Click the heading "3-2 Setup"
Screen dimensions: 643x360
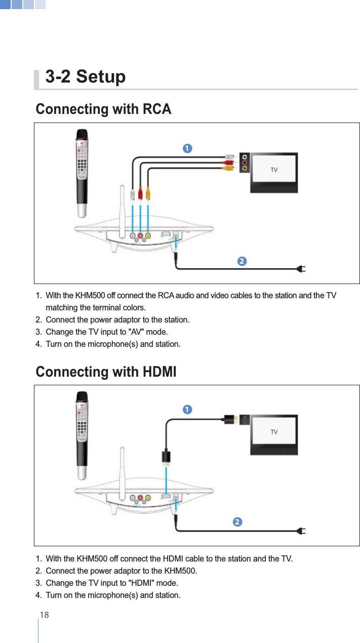point(86,77)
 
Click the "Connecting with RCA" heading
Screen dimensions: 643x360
point(103,109)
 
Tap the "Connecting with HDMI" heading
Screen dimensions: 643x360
point(106,372)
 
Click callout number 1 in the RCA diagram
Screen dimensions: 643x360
point(187,148)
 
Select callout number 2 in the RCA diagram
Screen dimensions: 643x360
point(242,261)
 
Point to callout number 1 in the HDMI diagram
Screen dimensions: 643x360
point(187,409)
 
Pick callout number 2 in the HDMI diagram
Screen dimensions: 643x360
point(237,522)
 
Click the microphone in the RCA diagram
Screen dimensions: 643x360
point(83,172)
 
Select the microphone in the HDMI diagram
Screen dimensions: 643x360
point(83,434)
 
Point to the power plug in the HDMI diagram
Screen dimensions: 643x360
point(301,531)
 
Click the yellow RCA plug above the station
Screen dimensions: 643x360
point(147,193)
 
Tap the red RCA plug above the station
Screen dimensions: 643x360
point(140,193)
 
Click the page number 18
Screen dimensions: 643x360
point(45,615)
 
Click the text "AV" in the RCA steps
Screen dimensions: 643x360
point(139,332)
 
